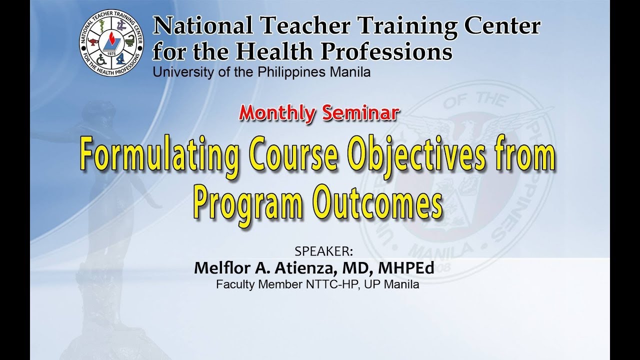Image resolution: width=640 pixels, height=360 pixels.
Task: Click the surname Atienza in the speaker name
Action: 304,267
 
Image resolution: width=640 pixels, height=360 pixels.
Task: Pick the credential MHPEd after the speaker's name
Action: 405,267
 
